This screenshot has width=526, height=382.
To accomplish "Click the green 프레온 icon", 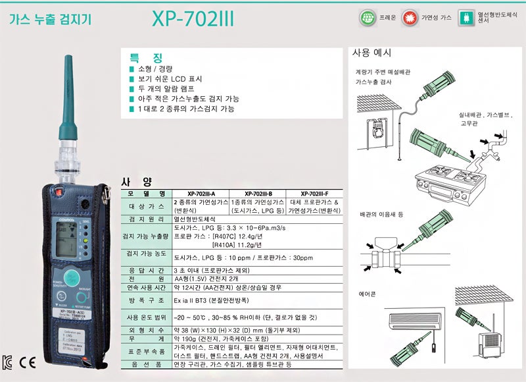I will pos(366,17).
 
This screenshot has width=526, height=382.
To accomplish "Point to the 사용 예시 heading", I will pos(371,53).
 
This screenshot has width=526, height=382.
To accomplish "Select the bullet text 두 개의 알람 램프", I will pos(169,88).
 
